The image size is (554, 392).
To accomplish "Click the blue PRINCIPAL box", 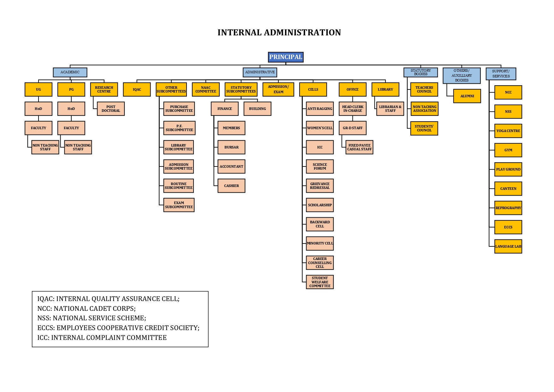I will [x=285, y=57].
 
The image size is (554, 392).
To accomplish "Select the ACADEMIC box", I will [x=70, y=72].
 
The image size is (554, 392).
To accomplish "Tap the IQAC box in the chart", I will [x=137, y=89].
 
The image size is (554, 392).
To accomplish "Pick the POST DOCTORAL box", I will [x=110, y=109].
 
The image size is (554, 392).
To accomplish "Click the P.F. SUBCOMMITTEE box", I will [x=179, y=128].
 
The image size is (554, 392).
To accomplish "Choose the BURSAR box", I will [x=231, y=147].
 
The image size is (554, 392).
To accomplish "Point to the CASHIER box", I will [x=231, y=186].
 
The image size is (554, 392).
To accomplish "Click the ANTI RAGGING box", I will [x=319, y=109].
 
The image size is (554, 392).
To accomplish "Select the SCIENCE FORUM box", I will [x=319, y=166].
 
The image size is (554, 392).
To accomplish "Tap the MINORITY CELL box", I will [x=319, y=243].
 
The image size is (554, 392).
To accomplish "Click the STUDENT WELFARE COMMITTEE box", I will [x=319, y=282].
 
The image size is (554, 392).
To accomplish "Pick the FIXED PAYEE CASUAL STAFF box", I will [x=359, y=147].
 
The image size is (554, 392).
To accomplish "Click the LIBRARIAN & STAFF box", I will [x=390, y=109].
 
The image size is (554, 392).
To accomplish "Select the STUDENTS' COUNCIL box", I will [x=424, y=128].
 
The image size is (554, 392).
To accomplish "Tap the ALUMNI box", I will [x=467, y=96].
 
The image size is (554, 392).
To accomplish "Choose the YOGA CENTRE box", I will [x=508, y=131].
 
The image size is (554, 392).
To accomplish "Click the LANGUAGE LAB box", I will [x=508, y=246].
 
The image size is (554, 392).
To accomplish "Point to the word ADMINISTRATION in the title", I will [x=302, y=33].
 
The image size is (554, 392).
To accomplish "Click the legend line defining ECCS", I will [x=118, y=328].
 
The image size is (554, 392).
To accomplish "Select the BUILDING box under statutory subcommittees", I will [x=257, y=109].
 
